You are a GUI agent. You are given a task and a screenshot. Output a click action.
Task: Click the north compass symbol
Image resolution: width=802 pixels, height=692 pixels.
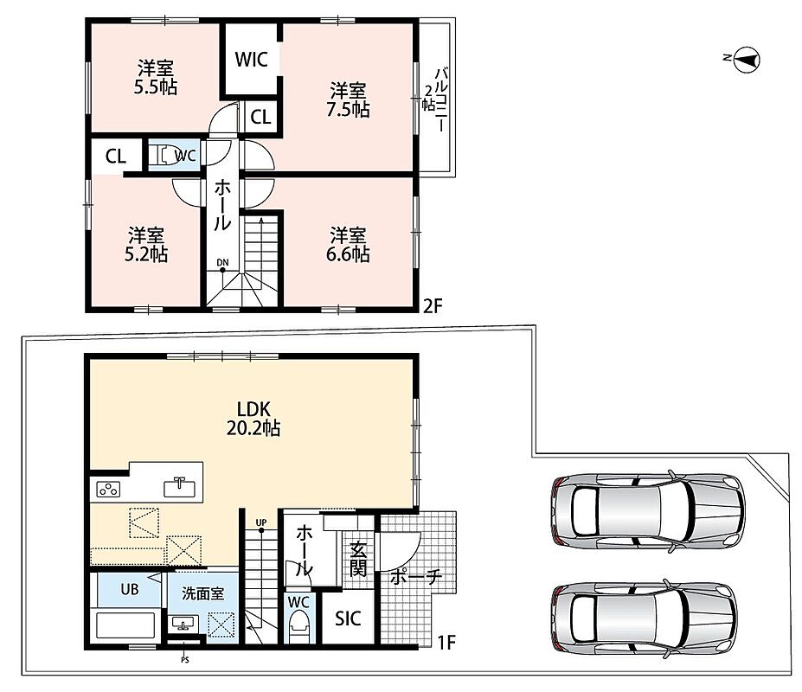point(747,60)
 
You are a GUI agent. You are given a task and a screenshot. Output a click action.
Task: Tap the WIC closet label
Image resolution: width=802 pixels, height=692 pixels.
point(251,60)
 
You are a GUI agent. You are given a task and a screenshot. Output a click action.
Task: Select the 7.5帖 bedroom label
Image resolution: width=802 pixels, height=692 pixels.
point(348,100)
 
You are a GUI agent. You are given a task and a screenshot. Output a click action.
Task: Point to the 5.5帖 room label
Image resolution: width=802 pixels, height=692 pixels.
point(156,78)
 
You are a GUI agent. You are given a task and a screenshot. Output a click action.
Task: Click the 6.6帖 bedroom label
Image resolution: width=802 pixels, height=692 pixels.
point(348,245)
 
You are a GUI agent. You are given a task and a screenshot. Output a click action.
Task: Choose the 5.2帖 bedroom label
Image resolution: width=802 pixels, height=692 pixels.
point(146,245)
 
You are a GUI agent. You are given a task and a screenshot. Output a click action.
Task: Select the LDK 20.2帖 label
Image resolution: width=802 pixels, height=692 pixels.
point(253,419)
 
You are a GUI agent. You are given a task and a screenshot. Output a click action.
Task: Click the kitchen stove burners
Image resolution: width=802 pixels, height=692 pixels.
point(108,490)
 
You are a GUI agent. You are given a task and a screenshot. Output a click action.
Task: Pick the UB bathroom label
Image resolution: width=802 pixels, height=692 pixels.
point(130,589)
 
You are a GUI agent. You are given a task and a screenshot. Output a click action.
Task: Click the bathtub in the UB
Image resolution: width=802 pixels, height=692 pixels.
point(125,625)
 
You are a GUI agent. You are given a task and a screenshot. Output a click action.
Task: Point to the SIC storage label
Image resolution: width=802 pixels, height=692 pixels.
point(348,618)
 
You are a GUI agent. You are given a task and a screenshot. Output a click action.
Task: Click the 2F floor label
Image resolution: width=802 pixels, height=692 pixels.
point(433,306)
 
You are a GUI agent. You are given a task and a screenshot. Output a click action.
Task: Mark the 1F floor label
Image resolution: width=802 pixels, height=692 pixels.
point(446,642)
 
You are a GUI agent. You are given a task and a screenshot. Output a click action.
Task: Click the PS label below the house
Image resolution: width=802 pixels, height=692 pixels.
point(184,660)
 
